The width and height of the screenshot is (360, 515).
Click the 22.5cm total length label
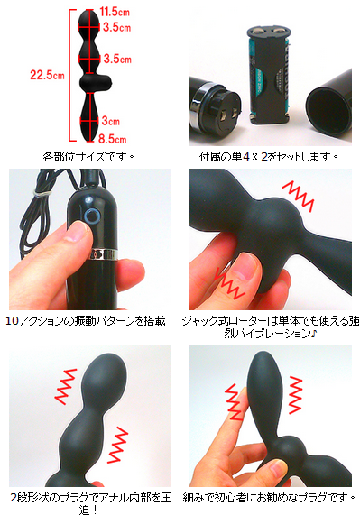pos(47,75)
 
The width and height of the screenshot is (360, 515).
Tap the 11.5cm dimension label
pos(115,12)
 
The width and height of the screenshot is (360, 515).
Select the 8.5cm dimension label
pos(113,139)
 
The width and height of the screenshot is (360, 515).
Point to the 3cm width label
pos(111,121)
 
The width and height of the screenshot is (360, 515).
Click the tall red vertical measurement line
pos(70,75)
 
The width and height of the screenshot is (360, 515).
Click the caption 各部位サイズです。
pos(88,156)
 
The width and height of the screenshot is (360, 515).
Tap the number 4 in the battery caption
pos(246,157)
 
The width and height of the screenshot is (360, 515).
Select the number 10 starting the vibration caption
pos(12,321)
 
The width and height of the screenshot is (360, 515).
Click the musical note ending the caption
pos(314,334)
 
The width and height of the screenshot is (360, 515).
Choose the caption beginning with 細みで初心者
pos(269,498)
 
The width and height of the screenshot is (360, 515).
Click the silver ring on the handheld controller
pos(104,253)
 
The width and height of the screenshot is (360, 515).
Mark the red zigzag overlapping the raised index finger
pos(235,401)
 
